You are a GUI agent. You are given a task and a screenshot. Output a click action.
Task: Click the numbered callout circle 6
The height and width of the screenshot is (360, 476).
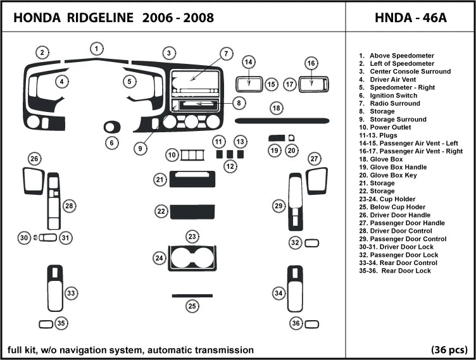(x=111, y=142)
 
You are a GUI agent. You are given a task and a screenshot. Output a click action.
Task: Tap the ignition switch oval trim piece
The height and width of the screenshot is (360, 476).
(x=111, y=127)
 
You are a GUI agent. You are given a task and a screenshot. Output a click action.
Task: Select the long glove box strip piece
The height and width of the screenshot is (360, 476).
(x=282, y=121)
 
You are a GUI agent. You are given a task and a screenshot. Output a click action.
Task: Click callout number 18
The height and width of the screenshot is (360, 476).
(x=276, y=108)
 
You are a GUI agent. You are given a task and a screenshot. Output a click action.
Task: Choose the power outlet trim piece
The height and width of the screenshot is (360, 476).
(x=192, y=155)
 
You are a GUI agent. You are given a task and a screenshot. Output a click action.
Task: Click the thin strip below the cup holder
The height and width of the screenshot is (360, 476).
(x=192, y=295)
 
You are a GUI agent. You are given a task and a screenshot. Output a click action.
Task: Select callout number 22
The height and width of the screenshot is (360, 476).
(x=161, y=211)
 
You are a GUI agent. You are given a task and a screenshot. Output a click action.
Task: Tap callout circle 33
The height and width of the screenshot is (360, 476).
(x=71, y=293)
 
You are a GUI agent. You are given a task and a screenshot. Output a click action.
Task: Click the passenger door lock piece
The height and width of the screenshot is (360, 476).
(x=311, y=243)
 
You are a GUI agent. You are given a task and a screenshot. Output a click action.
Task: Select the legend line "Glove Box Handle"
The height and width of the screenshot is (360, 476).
(x=393, y=167)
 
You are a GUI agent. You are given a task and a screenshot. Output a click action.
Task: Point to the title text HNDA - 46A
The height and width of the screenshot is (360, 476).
(x=411, y=18)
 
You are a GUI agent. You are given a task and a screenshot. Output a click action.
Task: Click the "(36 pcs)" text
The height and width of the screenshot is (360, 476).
(x=449, y=350)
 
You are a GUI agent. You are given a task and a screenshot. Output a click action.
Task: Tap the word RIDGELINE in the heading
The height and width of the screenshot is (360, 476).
(x=100, y=18)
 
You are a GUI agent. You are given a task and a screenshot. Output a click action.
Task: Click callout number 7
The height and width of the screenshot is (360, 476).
(x=226, y=54)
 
